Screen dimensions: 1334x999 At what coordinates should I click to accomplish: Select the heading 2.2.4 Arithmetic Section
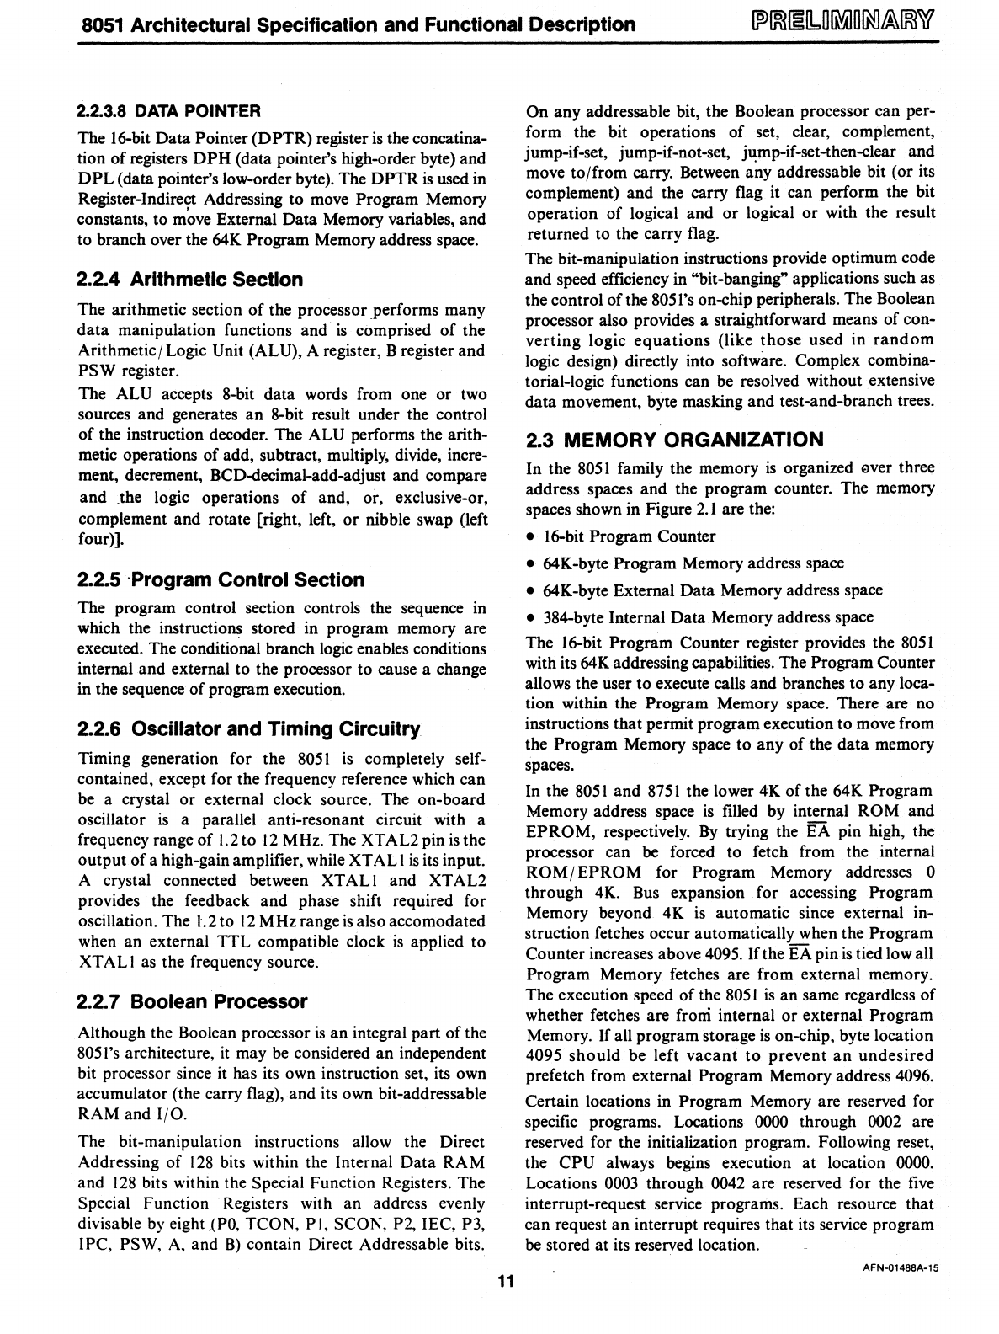coord(189,280)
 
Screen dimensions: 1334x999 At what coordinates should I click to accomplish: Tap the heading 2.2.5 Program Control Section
coord(221,579)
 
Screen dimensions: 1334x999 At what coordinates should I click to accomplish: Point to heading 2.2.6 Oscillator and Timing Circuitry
coord(248,728)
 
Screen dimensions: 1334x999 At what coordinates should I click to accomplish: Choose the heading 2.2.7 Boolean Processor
coord(192,1001)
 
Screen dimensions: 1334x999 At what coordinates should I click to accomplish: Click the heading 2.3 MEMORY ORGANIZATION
coord(674,440)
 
